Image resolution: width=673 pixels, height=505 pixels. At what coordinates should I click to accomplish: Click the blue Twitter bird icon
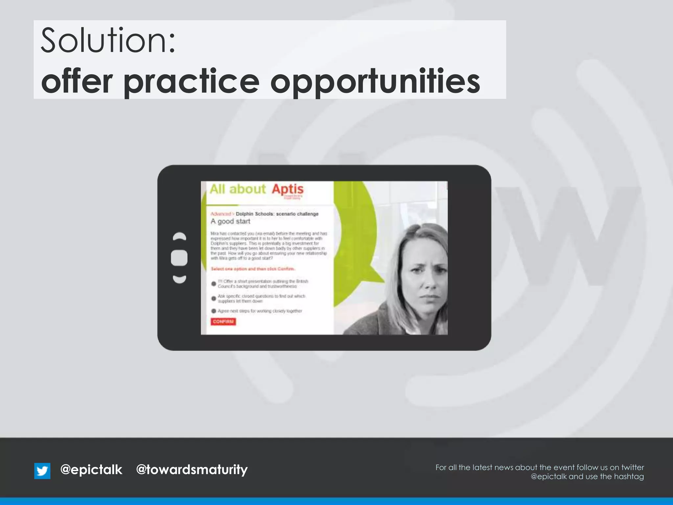tap(42, 471)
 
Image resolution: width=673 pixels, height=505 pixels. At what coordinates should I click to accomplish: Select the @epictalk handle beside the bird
tap(91, 469)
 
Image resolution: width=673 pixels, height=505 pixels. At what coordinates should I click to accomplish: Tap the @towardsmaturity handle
tap(192, 470)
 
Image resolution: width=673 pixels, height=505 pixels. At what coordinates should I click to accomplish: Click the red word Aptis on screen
tap(288, 189)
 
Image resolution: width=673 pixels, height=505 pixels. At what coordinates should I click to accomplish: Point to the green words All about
tap(237, 189)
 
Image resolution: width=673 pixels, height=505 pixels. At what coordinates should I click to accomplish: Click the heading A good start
tap(230, 221)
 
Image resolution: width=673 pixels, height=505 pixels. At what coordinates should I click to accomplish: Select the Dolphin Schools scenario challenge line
tap(277, 214)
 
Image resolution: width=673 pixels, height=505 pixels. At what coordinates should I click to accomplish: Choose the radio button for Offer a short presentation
tap(214, 283)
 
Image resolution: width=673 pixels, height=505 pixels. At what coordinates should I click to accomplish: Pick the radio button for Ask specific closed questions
tap(214, 299)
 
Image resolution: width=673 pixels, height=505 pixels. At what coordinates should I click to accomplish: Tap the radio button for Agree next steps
tap(214, 311)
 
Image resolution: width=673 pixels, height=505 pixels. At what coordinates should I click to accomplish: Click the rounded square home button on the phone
tap(179, 258)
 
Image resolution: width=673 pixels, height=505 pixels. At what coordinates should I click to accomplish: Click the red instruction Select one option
tap(253, 269)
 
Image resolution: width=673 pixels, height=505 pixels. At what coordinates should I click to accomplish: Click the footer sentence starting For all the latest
tap(540, 467)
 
